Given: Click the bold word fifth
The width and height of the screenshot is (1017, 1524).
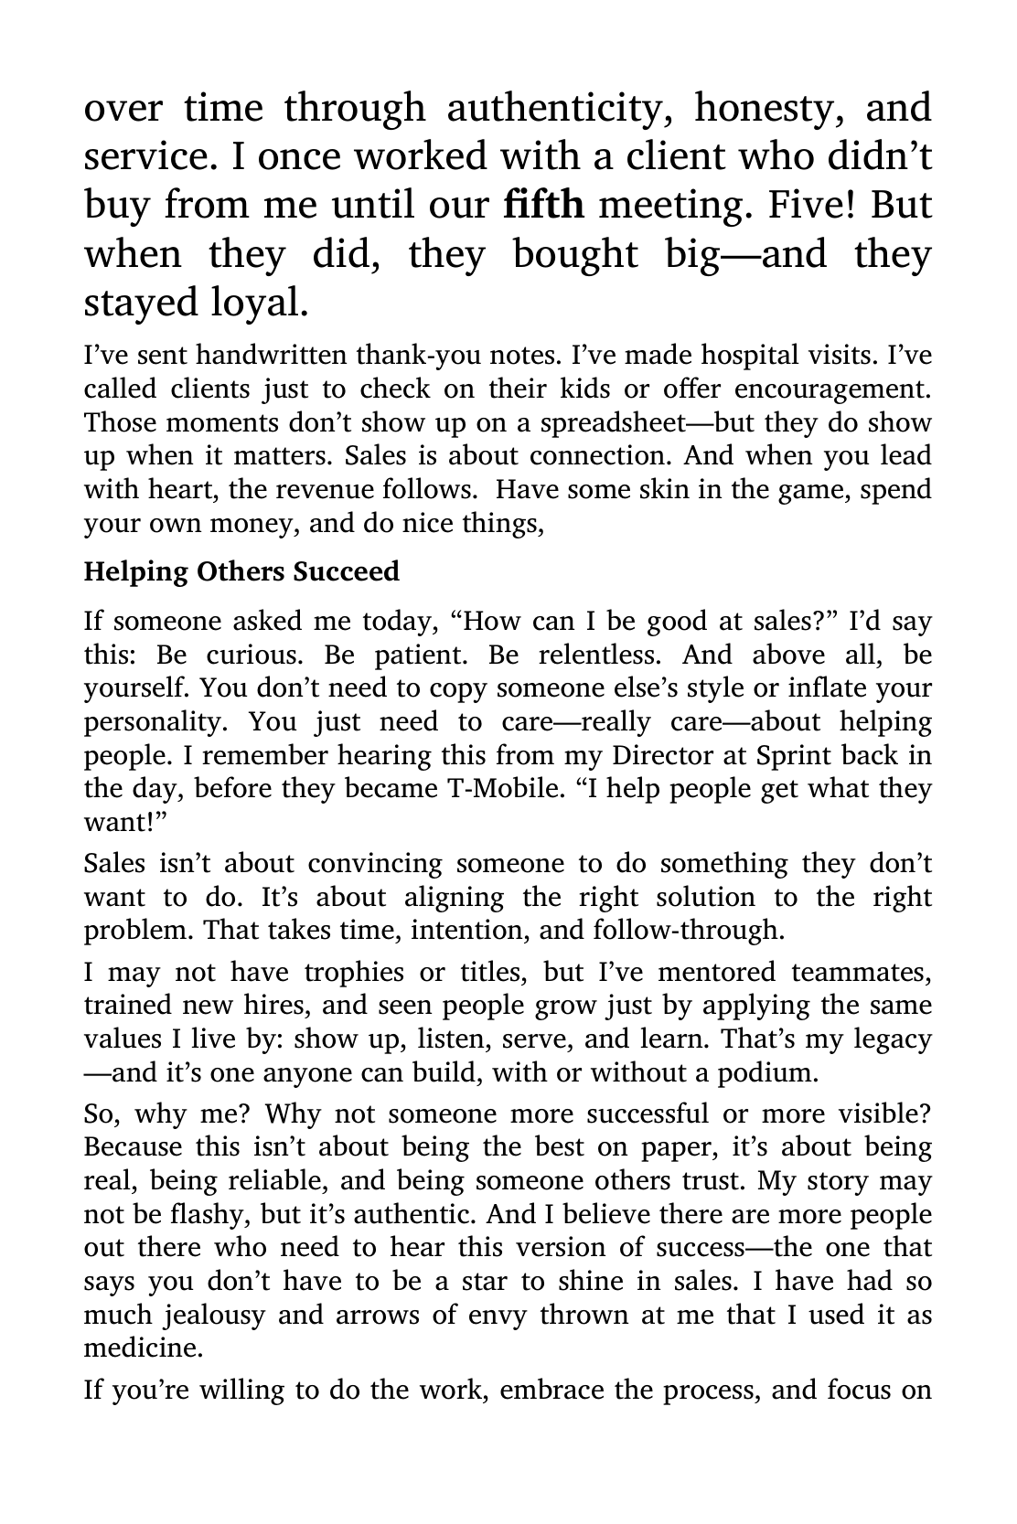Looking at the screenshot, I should coord(543,204).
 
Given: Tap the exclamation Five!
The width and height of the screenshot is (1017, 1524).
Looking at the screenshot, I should coord(811,204).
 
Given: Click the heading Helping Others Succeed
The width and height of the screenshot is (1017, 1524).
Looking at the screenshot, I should coord(241,572).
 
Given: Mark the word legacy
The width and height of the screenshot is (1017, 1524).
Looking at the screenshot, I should coord(893,1039).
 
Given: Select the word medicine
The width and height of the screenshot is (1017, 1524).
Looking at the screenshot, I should coord(143,1348).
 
